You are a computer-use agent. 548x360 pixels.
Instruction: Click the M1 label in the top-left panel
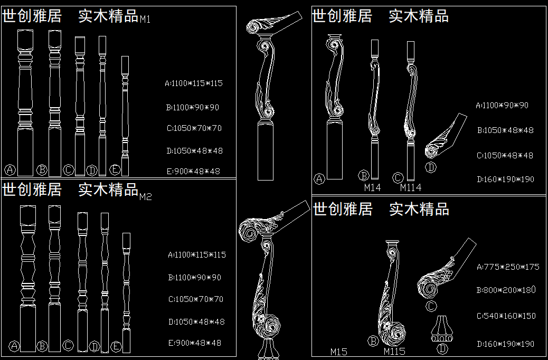point(145,20)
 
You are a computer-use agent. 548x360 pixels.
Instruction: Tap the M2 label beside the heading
point(146,197)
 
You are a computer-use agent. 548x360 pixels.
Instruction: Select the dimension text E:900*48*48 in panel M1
point(194,171)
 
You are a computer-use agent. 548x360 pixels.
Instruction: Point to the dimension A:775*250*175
point(508,267)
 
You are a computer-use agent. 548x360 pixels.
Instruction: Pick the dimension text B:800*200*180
point(506,290)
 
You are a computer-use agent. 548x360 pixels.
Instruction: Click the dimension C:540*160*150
point(506,316)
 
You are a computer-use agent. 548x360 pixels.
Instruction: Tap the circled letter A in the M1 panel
point(10,170)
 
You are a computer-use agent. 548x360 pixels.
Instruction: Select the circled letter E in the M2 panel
point(117,347)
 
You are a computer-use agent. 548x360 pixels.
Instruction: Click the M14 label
point(372,187)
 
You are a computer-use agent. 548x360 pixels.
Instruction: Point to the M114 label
point(410,187)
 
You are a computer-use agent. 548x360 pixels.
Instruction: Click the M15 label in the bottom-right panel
point(339,352)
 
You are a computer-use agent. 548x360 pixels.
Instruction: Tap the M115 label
point(394,352)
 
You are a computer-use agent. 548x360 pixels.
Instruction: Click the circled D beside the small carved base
point(442,348)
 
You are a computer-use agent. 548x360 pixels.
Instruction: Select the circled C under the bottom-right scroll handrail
point(431,307)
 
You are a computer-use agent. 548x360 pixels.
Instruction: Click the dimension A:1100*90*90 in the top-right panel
point(502,105)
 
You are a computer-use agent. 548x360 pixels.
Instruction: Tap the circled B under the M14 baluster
point(363,176)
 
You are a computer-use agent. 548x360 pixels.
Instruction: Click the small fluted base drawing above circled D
point(442,329)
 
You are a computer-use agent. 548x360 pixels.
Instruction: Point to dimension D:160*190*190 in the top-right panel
point(505,179)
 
